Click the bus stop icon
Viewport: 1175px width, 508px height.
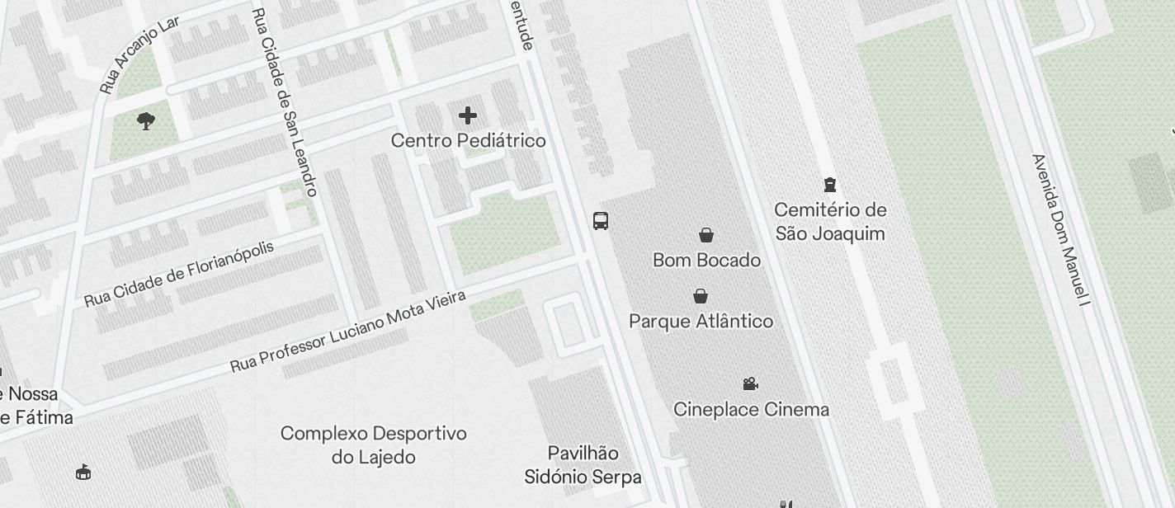[601, 221]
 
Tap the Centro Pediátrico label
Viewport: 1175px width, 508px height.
[468, 141]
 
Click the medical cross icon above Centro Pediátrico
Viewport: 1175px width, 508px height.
[468, 115]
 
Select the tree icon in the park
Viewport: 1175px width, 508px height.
[146, 122]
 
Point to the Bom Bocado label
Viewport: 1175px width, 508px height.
[706, 261]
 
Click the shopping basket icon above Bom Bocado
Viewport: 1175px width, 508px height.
[706, 235]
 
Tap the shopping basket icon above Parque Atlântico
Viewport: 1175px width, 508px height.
[701, 296]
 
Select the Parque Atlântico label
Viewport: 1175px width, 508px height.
[701, 322]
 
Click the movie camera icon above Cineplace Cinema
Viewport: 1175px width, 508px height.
[750, 383]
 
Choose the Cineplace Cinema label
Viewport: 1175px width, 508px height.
[751, 410]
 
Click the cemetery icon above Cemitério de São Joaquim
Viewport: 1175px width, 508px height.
[830, 185]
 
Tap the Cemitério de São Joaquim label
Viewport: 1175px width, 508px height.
[830, 222]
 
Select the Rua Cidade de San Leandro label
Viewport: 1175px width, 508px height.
[284, 102]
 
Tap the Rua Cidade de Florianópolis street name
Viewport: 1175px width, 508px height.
[179, 275]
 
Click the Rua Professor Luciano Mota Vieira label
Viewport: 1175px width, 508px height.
[347, 331]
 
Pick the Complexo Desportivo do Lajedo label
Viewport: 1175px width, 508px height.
[373, 445]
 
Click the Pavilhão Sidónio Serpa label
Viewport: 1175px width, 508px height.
[583, 465]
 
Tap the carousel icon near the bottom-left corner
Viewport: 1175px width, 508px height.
[83, 473]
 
